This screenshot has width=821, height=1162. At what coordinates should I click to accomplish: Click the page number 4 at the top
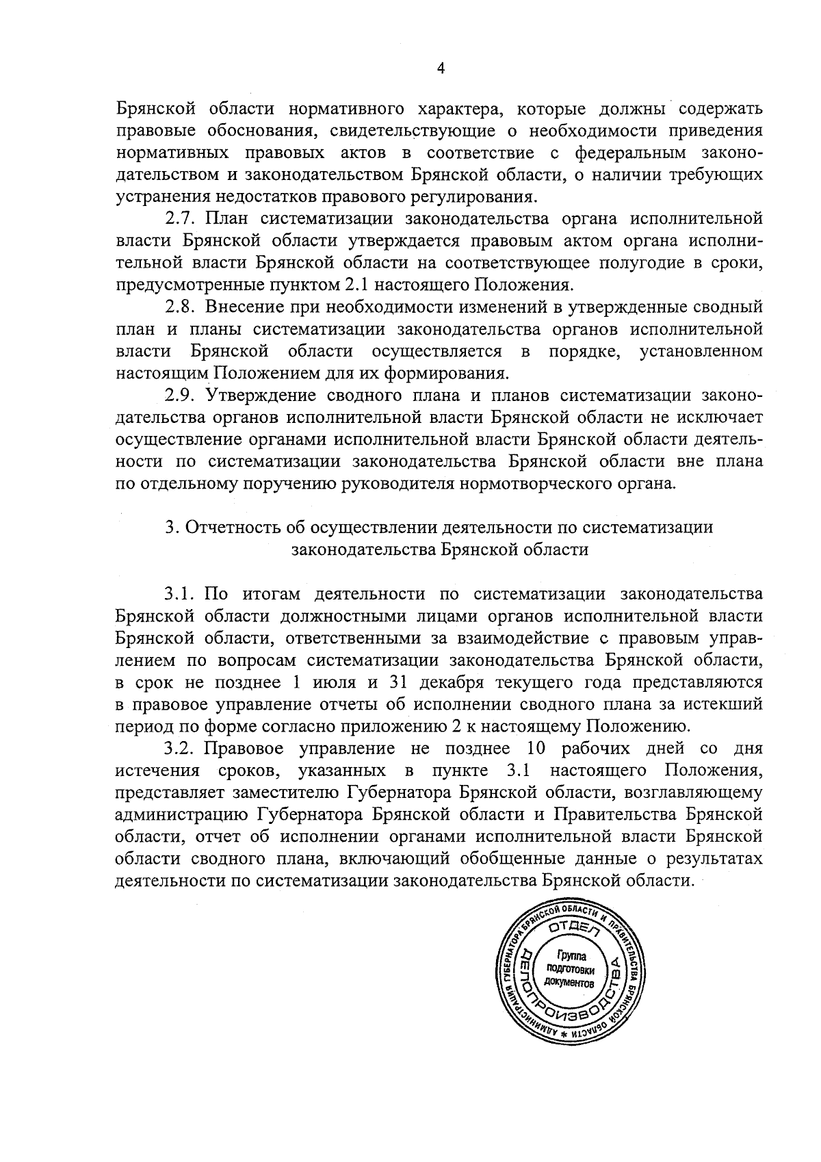[441, 68]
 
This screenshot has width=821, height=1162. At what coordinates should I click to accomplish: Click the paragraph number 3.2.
[180, 748]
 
